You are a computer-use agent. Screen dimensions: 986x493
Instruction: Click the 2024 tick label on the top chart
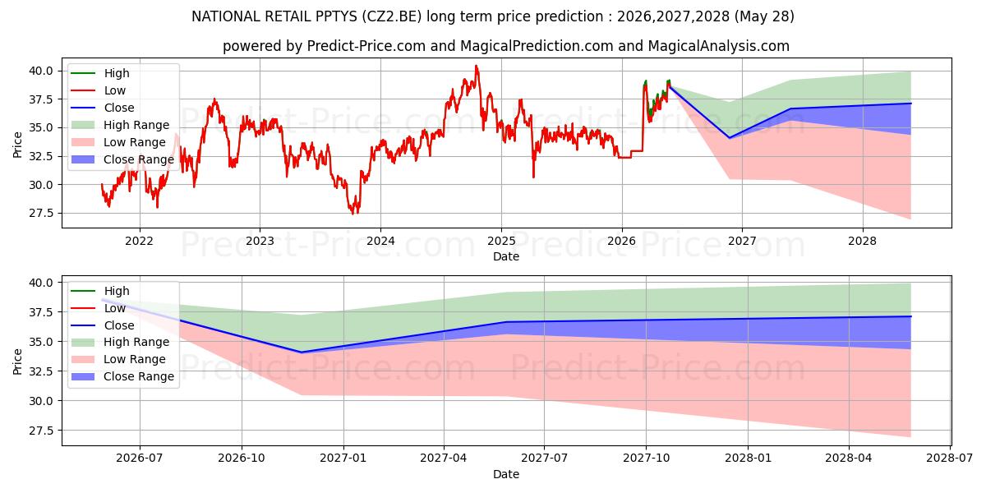coord(380,242)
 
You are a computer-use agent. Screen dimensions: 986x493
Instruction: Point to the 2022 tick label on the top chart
coord(139,242)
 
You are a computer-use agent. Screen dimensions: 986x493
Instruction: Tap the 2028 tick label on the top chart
coord(862,242)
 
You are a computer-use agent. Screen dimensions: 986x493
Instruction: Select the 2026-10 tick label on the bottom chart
coord(242,458)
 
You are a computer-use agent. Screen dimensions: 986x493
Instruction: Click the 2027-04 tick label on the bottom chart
coord(444,458)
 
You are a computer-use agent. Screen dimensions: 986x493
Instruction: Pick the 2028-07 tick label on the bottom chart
coord(950,458)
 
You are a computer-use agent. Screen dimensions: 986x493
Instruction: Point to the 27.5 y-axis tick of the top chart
coord(41,214)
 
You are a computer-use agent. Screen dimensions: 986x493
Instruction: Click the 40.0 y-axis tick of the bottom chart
coord(41,283)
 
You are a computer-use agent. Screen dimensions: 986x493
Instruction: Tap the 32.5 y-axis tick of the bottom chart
coord(41,371)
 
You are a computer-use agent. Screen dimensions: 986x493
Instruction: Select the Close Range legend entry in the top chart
coord(122,159)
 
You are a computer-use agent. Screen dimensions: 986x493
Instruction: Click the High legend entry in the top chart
coord(100,73)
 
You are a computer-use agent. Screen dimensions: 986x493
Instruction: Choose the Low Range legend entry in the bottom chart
coord(118,359)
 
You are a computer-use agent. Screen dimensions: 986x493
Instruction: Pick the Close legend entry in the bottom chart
coord(102,325)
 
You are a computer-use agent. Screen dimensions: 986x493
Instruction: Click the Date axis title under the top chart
coord(506,256)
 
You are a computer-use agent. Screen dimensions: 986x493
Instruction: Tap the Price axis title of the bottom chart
coord(17,362)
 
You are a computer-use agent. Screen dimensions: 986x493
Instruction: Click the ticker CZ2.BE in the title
coord(391,16)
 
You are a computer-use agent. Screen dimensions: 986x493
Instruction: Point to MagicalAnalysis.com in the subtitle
coord(718,46)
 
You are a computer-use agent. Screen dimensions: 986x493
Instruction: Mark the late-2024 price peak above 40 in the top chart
coord(476,66)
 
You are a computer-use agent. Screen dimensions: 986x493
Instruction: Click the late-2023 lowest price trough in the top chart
coord(352,214)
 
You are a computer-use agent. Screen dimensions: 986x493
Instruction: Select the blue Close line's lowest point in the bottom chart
coord(302,352)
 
